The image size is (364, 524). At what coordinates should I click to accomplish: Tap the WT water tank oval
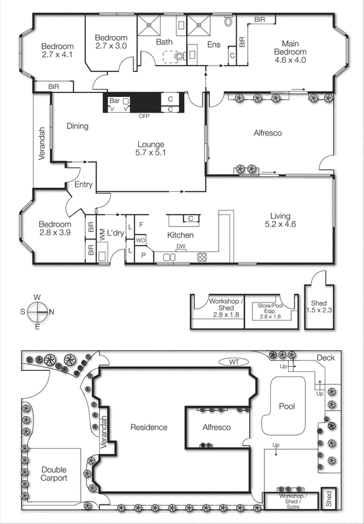tap(233, 361)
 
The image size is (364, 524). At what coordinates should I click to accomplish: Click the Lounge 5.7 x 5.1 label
tap(150, 149)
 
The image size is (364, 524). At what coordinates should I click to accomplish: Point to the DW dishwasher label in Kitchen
tap(180, 247)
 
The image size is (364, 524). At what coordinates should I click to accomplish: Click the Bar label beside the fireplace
tap(115, 101)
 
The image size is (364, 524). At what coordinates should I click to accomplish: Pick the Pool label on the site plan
tap(286, 406)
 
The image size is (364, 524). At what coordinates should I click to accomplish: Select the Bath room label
tap(163, 42)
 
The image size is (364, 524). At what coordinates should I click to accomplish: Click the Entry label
tap(83, 185)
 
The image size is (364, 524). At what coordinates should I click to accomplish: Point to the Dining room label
tap(77, 126)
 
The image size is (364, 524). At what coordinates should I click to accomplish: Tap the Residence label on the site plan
tap(149, 427)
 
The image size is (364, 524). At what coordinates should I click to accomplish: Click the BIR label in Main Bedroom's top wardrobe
tap(259, 20)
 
